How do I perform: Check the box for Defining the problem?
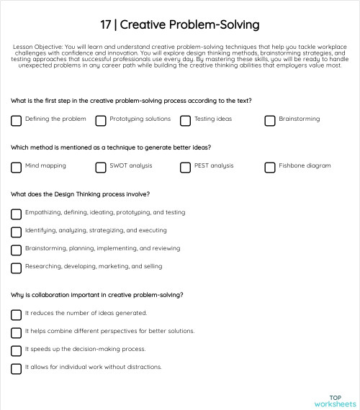pos(16,120)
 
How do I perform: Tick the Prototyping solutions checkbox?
pos(101,120)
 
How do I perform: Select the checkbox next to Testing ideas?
pos(185,120)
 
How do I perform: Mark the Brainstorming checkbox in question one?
pos(270,120)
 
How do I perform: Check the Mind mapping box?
pos(16,167)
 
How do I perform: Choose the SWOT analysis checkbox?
pos(101,167)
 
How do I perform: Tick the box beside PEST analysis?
pos(185,167)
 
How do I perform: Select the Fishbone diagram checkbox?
pos(270,167)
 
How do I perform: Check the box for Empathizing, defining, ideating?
pos(16,214)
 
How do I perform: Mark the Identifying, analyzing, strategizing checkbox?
pos(16,232)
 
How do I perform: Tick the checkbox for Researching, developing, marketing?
pos(16,268)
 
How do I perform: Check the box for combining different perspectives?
pos(16,332)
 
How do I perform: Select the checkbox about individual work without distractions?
pos(16,368)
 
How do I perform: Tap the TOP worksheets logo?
pos(335,401)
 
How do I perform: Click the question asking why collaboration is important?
pos(96,294)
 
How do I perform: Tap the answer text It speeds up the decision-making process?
pos(86,349)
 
